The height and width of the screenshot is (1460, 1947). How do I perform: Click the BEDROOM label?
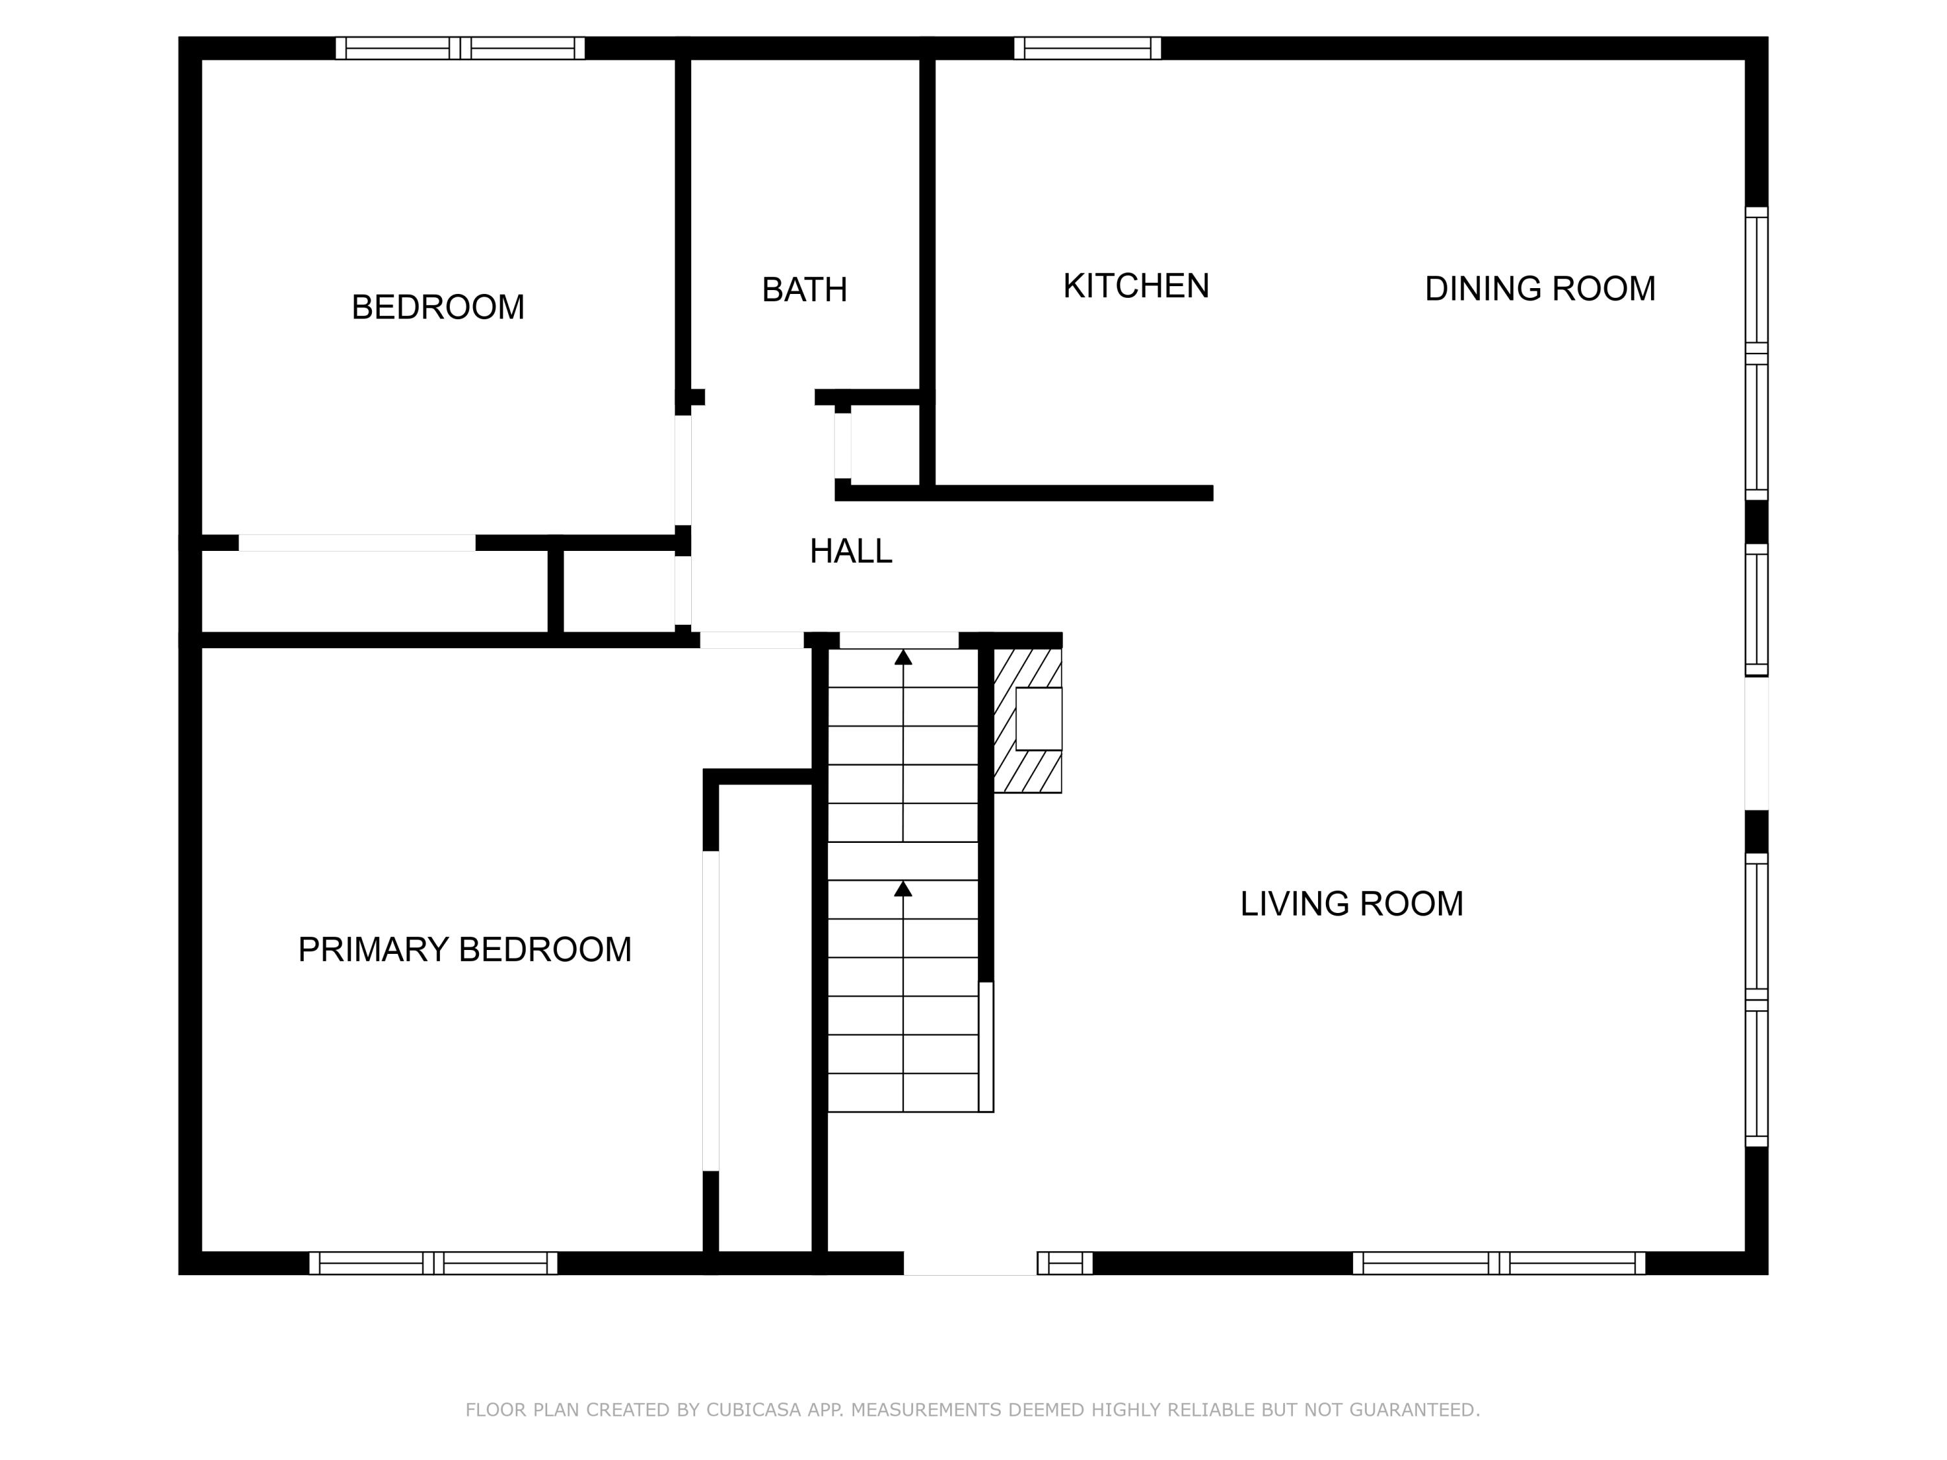[437, 307]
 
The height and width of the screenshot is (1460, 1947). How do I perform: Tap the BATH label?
[803, 289]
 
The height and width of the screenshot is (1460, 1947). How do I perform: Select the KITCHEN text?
[1136, 286]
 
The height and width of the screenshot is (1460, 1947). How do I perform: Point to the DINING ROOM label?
[1539, 289]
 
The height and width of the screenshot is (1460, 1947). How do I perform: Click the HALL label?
[850, 551]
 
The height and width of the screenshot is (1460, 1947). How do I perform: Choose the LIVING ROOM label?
[1351, 904]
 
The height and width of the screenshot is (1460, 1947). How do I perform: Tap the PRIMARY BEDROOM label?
[465, 949]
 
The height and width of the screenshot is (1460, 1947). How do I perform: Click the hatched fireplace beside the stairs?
[1027, 720]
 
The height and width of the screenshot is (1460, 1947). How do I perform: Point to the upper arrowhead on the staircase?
[903, 657]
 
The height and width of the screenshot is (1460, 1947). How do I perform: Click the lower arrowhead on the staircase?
[903, 889]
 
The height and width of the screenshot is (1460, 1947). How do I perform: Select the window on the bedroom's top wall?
[459, 49]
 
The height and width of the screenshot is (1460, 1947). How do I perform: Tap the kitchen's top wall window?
[1087, 49]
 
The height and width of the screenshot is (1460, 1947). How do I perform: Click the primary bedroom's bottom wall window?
[433, 1263]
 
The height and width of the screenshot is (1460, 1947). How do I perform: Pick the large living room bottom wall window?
[1498, 1263]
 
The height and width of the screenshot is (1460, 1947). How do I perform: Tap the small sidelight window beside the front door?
[1064, 1263]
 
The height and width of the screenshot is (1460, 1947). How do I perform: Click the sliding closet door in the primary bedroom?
[710, 1010]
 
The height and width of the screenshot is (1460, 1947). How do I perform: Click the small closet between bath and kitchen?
[885, 445]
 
